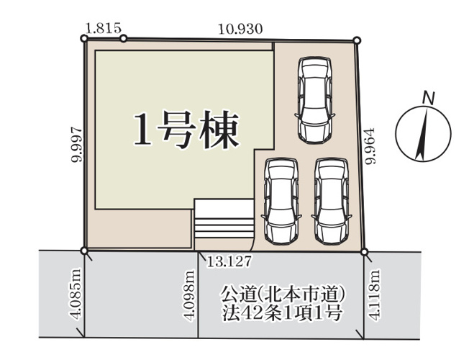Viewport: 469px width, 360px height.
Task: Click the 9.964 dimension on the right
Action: pyautogui.click(x=370, y=148)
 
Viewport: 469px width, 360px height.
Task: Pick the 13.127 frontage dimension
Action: pyautogui.click(x=228, y=258)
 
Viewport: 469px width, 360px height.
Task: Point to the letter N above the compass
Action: pyautogui.click(x=427, y=96)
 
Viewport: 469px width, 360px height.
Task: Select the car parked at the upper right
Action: pyautogui.click(x=314, y=99)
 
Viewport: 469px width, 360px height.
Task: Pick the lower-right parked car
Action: pyautogui.click(x=332, y=200)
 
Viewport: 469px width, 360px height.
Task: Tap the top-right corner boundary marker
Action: pyautogui.click(x=357, y=41)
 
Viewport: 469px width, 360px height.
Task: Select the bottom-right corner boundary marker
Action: pyautogui.click(x=365, y=252)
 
